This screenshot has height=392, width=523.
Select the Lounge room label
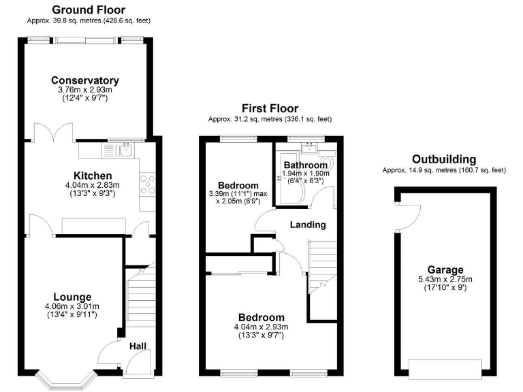pyautogui.click(x=72, y=297)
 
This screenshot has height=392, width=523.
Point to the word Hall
pyautogui.click(x=138, y=347)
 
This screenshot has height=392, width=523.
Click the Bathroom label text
pyautogui.click(x=305, y=165)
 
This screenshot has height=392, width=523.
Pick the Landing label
pyautogui.click(x=308, y=225)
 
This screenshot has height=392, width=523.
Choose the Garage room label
pyautogui.click(x=446, y=269)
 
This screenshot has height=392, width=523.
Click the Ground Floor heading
pyautogui.click(x=89, y=10)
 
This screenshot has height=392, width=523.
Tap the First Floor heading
pyautogui.click(x=270, y=108)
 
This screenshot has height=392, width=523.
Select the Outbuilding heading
pyautogui.click(x=444, y=159)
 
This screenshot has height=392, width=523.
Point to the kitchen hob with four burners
pyautogui.click(x=147, y=182)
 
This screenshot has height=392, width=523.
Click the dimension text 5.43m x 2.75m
pyautogui.click(x=446, y=279)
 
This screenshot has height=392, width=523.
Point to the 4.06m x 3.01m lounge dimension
pyautogui.click(x=72, y=306)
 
